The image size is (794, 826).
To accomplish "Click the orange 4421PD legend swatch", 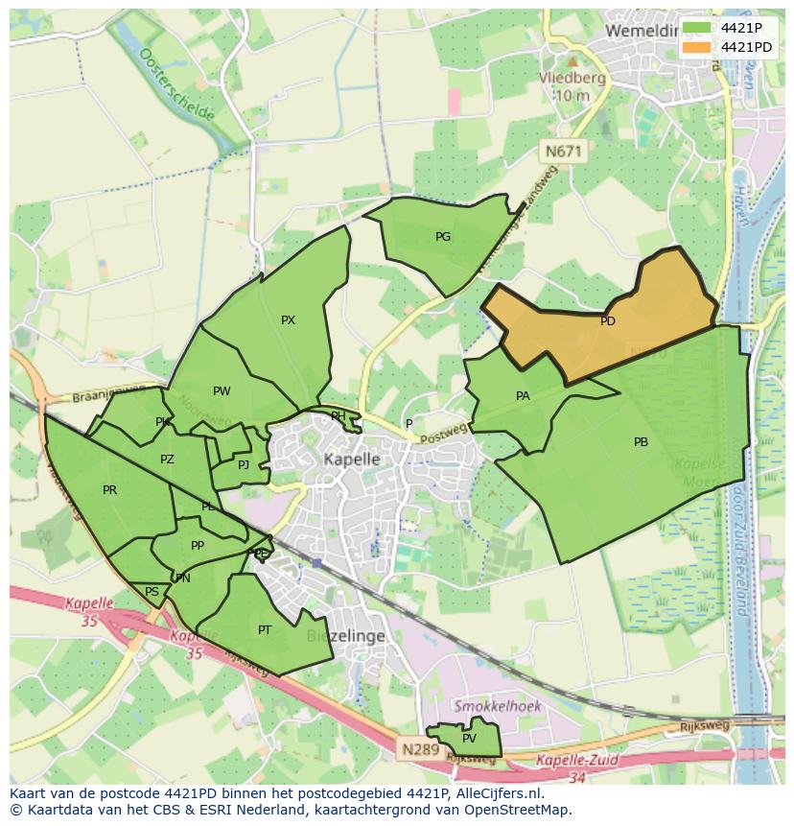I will click(697, 46).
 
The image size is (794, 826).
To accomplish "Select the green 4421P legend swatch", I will click(697, 28).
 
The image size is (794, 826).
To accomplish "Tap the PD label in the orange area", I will click(608, 321).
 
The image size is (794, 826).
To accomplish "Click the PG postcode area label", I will click(443, 237).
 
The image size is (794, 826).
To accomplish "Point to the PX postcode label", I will click(288, 320).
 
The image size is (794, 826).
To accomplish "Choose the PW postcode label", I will click(222, 390).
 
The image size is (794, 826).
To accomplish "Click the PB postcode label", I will click(641, 442).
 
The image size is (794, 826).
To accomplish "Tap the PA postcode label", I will click(523, 395).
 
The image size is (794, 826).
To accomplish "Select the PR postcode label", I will click(109, 490).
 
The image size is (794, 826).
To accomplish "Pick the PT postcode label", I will click(265, 630).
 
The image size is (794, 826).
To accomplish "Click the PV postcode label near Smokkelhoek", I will click(469, 739).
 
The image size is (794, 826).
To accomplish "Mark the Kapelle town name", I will click(352, 460).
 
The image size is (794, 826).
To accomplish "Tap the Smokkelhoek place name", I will click(498, 706).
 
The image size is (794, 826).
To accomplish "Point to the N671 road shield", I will click(563, 151).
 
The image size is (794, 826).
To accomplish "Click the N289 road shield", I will click(420, 749).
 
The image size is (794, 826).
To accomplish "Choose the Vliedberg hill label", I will click(572, 79).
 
